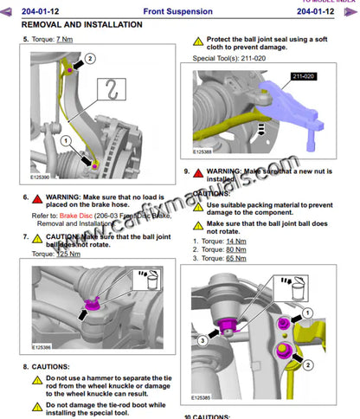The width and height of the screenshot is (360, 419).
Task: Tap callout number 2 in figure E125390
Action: click(x=90, y=57)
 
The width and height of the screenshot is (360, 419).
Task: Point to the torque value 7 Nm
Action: click(x=64, y=40)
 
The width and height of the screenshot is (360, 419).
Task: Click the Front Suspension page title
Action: click(x=180, y=11)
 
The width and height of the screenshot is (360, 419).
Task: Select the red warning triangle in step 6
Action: click(x=38, y=197)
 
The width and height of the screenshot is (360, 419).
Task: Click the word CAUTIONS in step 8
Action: click(x=55, y=366)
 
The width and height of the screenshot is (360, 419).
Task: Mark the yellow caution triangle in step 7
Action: click(x=38, y=235)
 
